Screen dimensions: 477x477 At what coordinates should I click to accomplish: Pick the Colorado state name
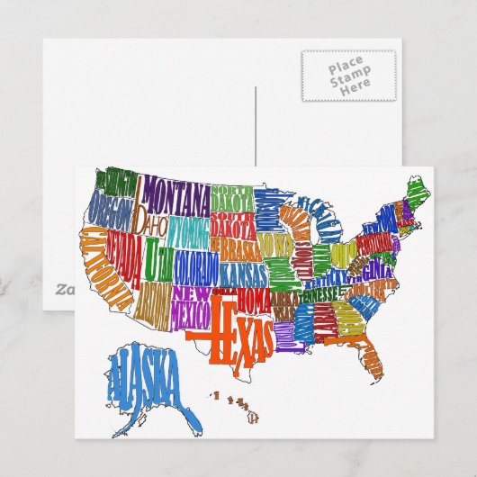[x=195, y=267]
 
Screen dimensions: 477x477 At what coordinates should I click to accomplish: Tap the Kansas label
[x=243, y=270]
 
